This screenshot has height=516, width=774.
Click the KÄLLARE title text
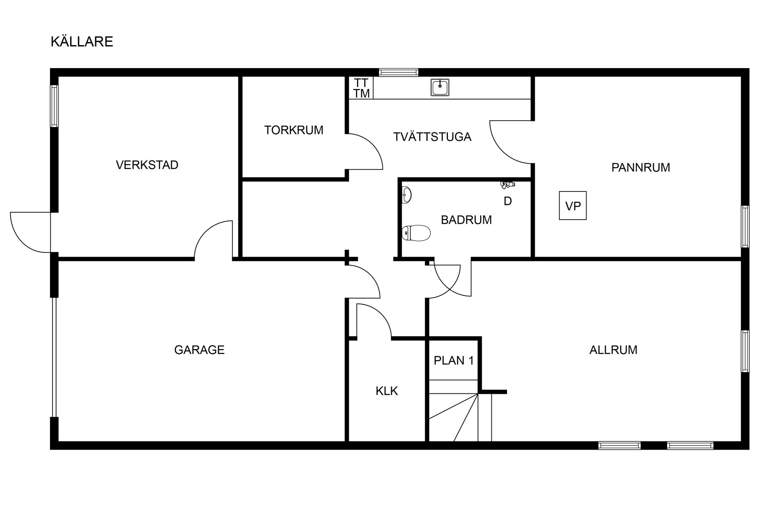click(82, 41)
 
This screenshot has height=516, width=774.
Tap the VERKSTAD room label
click(147, 165)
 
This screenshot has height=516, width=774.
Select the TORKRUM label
click(294, 130)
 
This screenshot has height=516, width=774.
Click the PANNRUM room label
click(641, 167)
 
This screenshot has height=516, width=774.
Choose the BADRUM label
click(466, 220)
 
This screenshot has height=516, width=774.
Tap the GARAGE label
click(199, 350)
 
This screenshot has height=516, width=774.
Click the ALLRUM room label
click(613, 350)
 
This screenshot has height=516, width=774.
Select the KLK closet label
click(387, 391)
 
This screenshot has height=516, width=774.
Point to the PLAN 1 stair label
click(454, 360)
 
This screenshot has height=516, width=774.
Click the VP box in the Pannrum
click(573, 206)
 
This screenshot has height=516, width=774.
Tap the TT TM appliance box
click(361, 88)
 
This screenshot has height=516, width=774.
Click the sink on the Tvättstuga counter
click(440, 87)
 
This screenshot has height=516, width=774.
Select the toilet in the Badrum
click(416, 233)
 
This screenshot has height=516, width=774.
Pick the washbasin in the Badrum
click(407, 195)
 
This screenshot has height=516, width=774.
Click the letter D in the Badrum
click(508, 201)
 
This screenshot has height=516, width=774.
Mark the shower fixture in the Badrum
click(508, 185)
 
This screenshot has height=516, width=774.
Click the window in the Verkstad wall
click(54, 106)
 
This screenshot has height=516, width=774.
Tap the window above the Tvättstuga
click(399, 73)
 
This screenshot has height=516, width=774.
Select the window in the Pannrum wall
click(745, 227)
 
